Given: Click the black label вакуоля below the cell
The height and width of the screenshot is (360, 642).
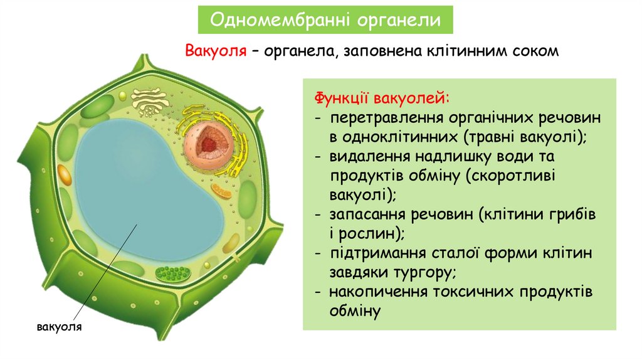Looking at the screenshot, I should click(x=60, y=327).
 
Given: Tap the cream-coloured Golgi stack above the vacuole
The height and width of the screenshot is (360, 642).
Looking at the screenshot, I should click(x=150, y=100).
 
